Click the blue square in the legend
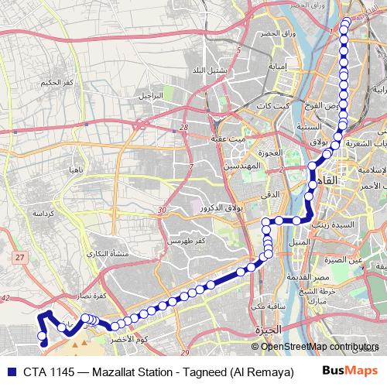[8, 371]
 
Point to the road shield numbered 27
[20, 256]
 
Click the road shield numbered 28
[183, 128]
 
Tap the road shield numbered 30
[160, 211]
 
